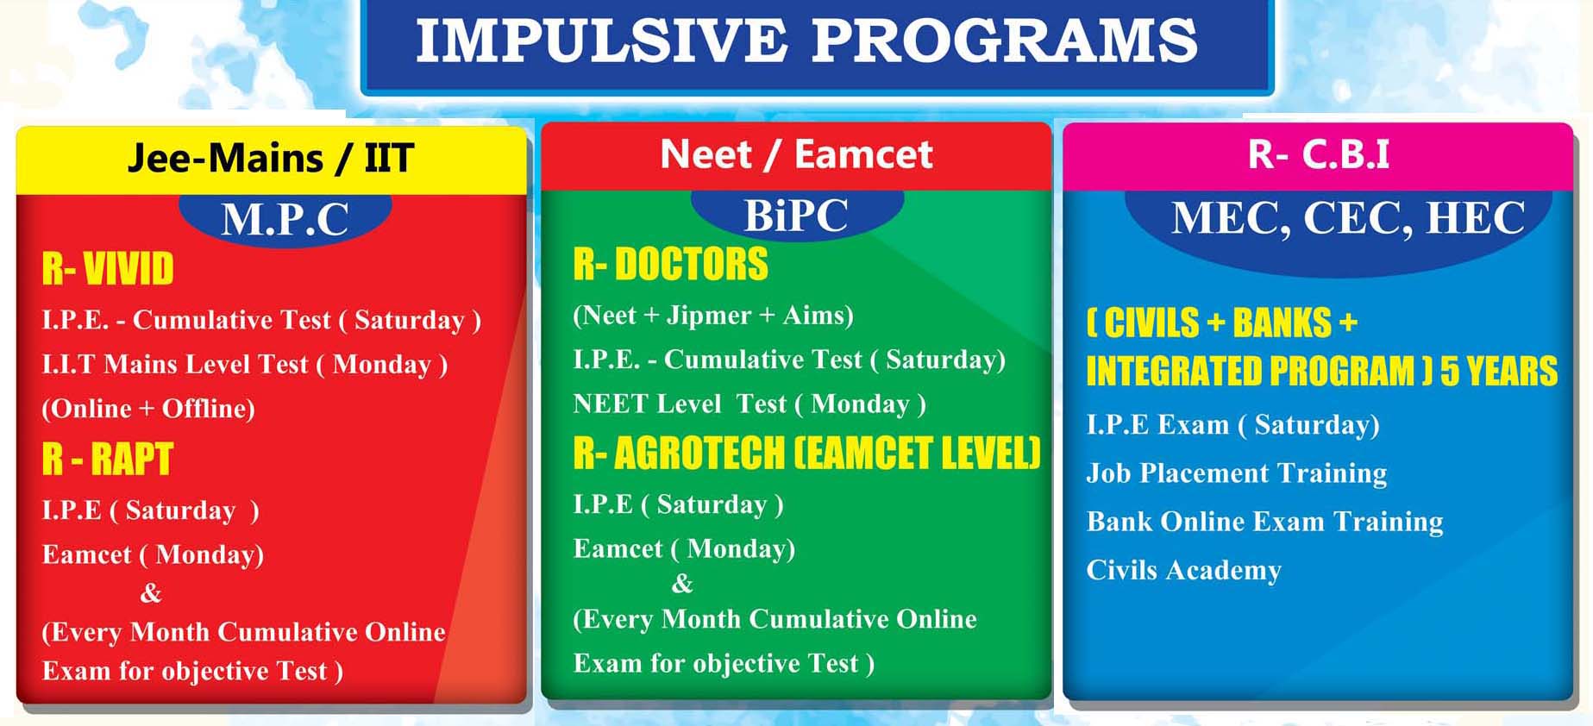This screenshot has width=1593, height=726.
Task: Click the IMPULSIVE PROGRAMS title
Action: (x=806, y=40)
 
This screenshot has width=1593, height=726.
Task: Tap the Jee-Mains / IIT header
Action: (x=271, y=159)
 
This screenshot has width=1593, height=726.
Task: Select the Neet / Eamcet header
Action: (x=796, y=154)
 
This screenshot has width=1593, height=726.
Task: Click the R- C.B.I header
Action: (x=1319, y=154)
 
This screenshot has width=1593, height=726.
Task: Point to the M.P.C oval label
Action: (x=285, y=219)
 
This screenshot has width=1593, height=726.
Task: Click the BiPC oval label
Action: (x=796, y=215)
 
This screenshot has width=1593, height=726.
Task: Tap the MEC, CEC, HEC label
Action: (x=1348, y=217)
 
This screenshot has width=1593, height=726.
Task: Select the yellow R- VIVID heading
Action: (x=108, y=268)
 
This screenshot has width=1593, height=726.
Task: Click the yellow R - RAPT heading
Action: (x=108, y=459)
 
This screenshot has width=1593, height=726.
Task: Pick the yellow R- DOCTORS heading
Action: (x=670, y=264)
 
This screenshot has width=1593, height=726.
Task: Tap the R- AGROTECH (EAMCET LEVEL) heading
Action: (x=807, y=453)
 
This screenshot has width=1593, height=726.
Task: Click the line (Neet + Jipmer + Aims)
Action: (x=713, y=316)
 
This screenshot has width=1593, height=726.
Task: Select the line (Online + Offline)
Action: (x=148, y=409)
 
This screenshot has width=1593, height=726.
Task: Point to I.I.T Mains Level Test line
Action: (x=245, y=365)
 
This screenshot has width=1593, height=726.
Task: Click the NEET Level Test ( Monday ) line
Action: (x=749, y=404)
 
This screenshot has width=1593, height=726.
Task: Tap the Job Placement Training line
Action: (x=1237, y=473)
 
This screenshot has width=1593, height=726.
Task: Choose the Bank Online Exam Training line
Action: (x=1264, y=522)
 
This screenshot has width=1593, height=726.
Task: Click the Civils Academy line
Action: (x=1183, y=570)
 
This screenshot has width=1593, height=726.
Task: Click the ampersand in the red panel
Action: (x=151, y=593)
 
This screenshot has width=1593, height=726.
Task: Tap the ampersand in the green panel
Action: (x=682, y=585)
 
